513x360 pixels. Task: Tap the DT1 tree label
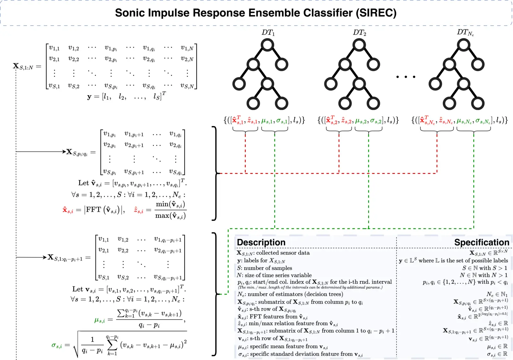(268, 33)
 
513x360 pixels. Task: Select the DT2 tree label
(359, 33)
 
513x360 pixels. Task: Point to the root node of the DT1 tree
(267, 45)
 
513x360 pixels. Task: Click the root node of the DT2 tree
(359, 45)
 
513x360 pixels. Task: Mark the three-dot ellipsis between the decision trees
(406, 77)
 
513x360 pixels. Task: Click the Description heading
(261, 242)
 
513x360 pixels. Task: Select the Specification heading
(482, 242)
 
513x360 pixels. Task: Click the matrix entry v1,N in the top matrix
(187, 48)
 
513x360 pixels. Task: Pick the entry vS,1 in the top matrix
(54, 86)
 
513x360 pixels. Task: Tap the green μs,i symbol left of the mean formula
(99, 320)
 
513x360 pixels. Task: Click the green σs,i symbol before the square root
(56, 345)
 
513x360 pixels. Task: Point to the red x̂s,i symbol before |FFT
(68, 210)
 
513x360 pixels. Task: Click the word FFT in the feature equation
(93, 210)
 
